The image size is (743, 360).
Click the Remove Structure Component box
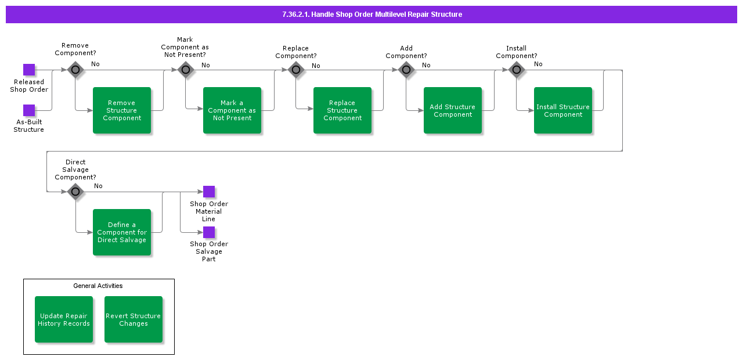click(x=122, y=110)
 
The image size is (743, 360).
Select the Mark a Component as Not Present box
click(x=232, y=110)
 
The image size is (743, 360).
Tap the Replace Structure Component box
click(x=342, y=110)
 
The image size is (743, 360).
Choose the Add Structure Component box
click(x=453, y=110)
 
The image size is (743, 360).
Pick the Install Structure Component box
click(x=563, y=110)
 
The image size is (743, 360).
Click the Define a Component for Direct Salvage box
click(x=122, y=232)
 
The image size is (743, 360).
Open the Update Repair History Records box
click(x=64, y=319)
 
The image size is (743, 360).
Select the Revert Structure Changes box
click(x=134, y=319)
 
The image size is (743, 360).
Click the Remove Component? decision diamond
click(x=75, y=70)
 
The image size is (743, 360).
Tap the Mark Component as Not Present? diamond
click(x=186, y=70)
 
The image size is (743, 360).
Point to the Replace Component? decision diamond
click(x=296, y=70)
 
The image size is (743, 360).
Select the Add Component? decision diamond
click(x=406, y=70)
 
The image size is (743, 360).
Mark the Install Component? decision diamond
click(x=517, y=70)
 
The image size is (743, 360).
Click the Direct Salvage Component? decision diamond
click(x=75, y=192)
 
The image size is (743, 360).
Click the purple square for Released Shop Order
click(x=29, y=70)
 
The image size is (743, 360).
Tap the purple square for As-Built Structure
click(x=29, y=110)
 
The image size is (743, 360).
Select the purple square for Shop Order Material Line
click(x=209, y=192)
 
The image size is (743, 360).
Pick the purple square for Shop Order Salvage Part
click(x=209, y=232)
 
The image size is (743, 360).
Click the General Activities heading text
click(x=98, y=286)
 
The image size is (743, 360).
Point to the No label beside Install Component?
click(x=538, y=64)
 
